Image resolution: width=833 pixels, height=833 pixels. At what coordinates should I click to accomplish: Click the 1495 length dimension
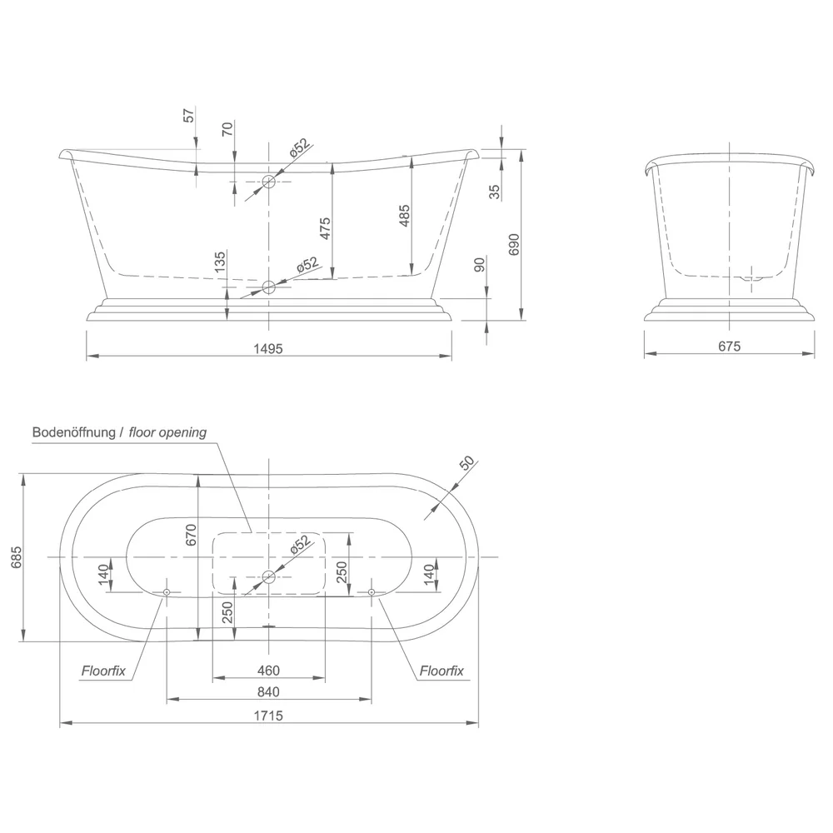point(268,348)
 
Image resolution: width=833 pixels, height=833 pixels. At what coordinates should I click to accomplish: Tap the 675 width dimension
point(729,347)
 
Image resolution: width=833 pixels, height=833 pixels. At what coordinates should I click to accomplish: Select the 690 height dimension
point(514,244)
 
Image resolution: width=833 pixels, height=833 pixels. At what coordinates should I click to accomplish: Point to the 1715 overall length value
point(268,716)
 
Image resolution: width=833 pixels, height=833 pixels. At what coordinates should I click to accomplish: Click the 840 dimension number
point(268,691)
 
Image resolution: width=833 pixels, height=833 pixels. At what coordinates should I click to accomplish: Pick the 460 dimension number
point(268,671)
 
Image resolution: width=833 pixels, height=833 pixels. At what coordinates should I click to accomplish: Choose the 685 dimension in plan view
point(17,557)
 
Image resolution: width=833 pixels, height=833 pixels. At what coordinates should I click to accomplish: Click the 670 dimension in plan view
point(192,535)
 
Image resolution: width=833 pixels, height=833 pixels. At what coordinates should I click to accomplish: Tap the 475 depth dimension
point(325,228)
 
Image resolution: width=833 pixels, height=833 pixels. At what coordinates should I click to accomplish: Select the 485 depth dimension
point(404,217)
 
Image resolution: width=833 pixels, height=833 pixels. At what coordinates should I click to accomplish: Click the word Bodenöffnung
point(74,432)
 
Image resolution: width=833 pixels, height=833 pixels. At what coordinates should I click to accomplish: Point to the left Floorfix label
point(103,671)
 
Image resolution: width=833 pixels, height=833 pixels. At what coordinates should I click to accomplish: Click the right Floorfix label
point(441,671)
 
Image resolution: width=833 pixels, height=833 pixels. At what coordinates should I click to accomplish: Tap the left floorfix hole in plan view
point(167,591)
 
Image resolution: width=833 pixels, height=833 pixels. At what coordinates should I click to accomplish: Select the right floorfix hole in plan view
point(372,591)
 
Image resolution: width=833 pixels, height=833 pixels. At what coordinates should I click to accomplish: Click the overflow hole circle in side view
point(269,182)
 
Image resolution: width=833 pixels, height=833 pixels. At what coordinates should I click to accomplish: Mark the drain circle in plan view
point(269,576)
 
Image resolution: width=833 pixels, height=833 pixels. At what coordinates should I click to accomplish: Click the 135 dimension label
point(220,262)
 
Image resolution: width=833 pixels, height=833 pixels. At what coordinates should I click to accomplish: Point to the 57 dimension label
point(189,115)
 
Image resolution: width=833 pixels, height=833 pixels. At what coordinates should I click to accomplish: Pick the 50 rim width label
point(467,463)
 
